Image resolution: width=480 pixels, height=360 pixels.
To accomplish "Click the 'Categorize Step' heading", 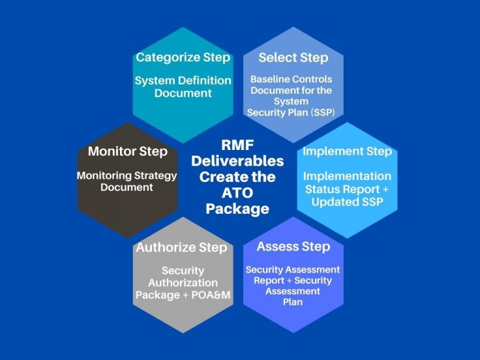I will click(182, 57).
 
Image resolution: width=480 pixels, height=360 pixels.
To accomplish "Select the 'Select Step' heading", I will click(293, 57).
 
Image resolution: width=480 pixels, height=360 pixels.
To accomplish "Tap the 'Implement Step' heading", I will click(347, 152).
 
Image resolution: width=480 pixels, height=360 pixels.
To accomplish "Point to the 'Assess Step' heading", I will click(293, 246).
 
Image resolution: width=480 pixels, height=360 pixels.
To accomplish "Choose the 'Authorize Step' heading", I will click(181, 247).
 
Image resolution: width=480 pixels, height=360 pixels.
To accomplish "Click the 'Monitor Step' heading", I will click(127, 151).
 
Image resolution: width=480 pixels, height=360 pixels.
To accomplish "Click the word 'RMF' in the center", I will click(237, 145).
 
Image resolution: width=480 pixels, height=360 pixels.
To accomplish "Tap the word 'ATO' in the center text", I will click(237, 193).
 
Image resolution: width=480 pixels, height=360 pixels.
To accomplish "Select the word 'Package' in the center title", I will click(237, 209).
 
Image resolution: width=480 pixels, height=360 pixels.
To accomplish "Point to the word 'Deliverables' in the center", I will click(237, 161).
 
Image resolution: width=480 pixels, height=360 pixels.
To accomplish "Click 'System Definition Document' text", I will click(182, 87).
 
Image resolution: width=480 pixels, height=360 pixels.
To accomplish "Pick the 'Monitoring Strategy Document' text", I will click(127, 181).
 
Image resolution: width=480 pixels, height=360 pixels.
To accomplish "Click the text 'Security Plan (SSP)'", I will click(291, 112).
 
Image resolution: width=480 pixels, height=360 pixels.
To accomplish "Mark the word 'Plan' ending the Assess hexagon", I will click(292, 302).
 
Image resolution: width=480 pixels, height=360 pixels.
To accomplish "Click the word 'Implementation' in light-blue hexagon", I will click(347, 176).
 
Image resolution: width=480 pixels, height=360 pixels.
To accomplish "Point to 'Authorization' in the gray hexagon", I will click(182, 283).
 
